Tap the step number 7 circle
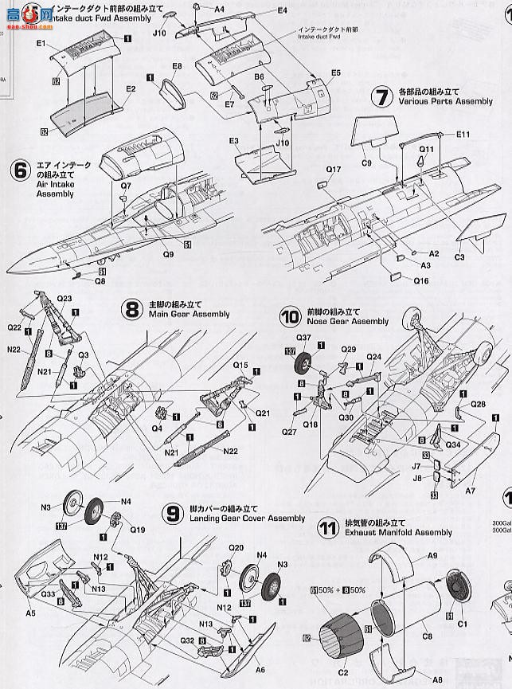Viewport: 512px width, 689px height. (x=382, y=97)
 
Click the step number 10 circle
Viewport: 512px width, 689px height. (x=290, y=316)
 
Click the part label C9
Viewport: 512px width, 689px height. (x=366, y=163)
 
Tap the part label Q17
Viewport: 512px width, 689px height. (x=333, y=170)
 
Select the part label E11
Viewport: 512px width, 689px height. (x=464, y=135)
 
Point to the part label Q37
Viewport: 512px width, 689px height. (x=304, y=336)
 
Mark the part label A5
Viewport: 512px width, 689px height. (x=30, y=636)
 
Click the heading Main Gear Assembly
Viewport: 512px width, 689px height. (x=178, y=314)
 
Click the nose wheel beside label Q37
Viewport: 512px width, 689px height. (x=304, y=367)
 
